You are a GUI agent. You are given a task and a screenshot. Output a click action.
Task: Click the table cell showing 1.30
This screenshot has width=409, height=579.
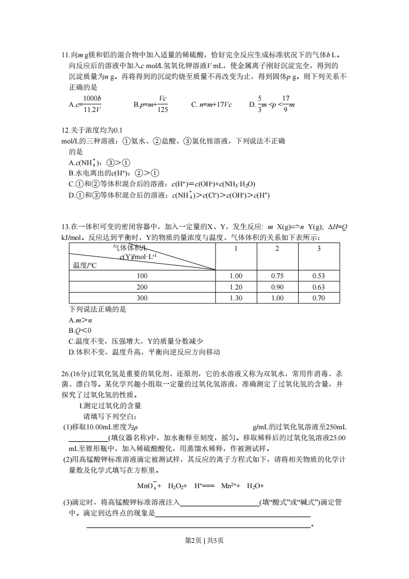[235, 298]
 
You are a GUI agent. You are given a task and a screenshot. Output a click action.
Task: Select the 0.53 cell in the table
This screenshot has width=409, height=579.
[318, 276]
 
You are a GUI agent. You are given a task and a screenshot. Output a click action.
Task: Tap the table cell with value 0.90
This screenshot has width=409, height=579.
[277, 287]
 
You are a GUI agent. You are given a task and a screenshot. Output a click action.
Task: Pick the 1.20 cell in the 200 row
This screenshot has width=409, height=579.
[235, 287]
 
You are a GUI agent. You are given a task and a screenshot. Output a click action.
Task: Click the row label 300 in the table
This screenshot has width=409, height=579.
[142, 298]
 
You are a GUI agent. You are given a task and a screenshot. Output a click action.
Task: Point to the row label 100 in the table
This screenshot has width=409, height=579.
[142, 276]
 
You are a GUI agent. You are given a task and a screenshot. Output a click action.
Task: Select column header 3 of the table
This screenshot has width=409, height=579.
[318, 249]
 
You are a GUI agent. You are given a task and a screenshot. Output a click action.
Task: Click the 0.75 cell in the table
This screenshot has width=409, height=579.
[277, 276]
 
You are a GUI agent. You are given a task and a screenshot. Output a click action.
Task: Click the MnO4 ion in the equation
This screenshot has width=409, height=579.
[146, 486]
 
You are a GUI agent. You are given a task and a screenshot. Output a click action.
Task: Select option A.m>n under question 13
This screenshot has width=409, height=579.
[80, 320]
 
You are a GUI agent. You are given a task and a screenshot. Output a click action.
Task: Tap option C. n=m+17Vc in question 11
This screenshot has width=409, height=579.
[211, 104]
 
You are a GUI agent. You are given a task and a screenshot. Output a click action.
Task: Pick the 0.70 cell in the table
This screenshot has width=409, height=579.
[318, 298]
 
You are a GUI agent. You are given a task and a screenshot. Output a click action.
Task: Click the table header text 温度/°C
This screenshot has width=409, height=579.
[85, 265]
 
